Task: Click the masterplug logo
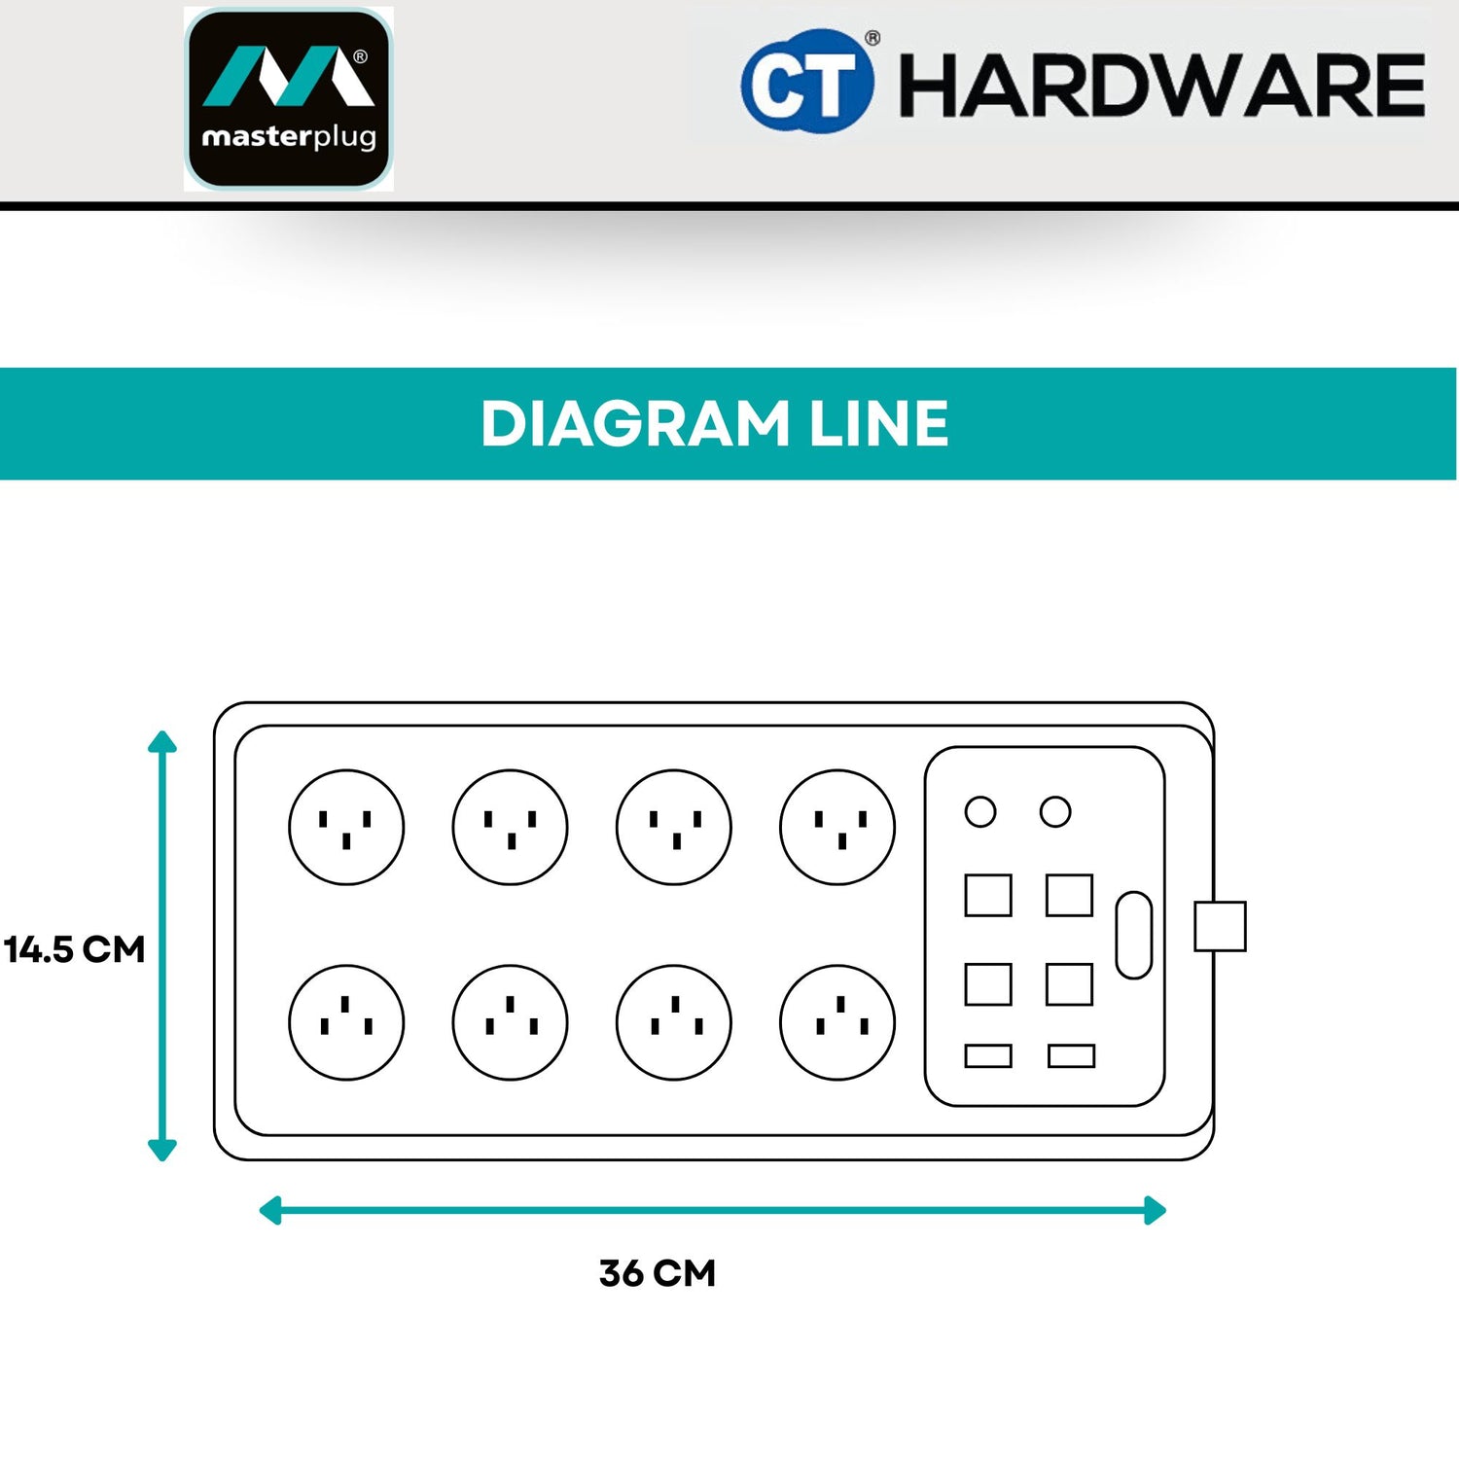point(289,98)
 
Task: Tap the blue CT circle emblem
point(806,82)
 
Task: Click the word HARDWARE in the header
point(1161,86)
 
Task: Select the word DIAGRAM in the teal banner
point(635,424)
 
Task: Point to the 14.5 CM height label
point(75,949)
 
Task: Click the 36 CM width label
point(658,1273)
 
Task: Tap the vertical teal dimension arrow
point(162,945)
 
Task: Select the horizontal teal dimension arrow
point(712,1211)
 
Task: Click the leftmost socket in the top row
point(346,827)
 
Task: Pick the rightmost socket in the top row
point(837,827)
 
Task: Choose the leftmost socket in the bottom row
point(346,1022)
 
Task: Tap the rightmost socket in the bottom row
point(837,1022)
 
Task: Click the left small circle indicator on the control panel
point(980,811)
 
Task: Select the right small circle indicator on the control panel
point(1055,811)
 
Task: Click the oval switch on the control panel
point(1134,935)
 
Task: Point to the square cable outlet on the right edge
point(1220,926)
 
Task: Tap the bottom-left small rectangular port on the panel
point(988,1055)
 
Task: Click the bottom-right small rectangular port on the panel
point(1071,1055)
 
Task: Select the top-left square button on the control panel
point(988,895)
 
